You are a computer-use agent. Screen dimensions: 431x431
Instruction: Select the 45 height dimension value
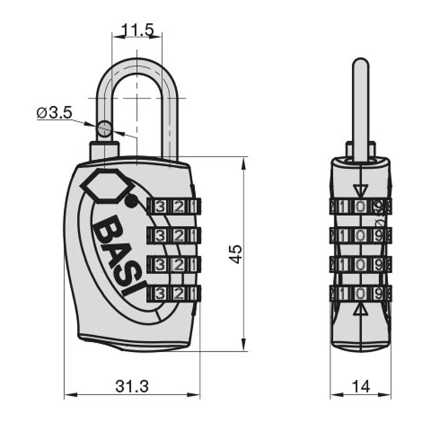(x=236, y=254)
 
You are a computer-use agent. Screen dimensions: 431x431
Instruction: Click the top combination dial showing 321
(x=174, y=207)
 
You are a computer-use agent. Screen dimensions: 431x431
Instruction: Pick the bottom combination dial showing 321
(x=174, y=294)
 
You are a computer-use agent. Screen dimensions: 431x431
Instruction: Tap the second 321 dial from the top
(x=174, y=235)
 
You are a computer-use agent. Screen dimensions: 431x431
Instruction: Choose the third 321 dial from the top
(x=174, y=265)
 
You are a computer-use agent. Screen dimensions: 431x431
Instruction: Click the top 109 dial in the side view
(x=360, y=206)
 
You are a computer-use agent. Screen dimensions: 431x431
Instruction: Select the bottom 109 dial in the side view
(x=360, y=294)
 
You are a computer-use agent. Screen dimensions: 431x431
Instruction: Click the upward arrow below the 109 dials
(x=360, y=311)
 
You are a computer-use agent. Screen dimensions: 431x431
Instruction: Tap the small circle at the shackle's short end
(x=103, y=128)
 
